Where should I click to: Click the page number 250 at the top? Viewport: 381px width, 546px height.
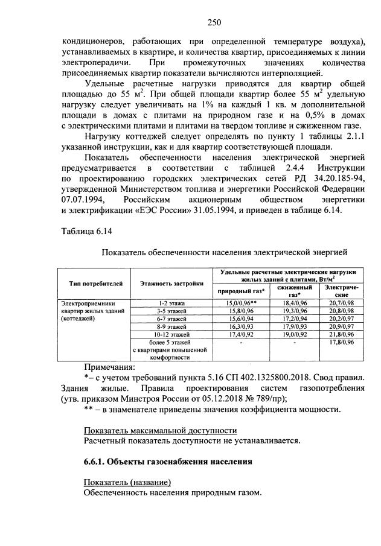(x=214, y=24)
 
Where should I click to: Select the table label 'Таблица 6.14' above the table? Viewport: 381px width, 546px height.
(x=87, y=231)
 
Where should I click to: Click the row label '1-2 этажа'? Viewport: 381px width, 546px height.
(x=171, y=302)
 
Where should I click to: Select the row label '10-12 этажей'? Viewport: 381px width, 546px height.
(x=171, y=334)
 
